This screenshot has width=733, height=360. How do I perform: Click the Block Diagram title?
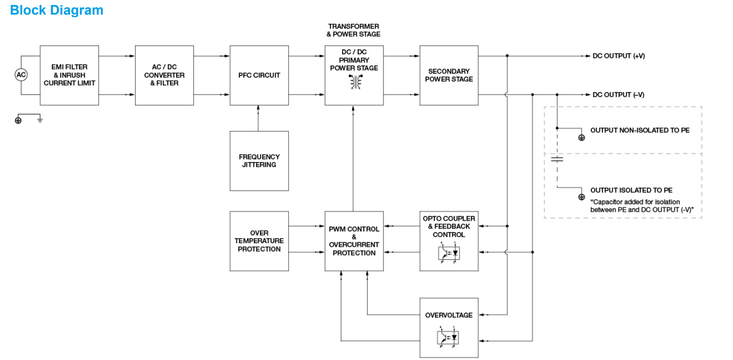point(56,10)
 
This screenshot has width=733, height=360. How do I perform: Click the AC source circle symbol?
point(21,75)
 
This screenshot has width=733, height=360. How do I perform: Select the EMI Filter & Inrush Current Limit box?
point(69,75)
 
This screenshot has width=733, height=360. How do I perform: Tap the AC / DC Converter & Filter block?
point(164,75)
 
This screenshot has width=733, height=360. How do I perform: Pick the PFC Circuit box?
point(259,75)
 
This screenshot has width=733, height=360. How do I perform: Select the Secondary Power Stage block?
point(449,75)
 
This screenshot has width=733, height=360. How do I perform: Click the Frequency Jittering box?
point(259,161)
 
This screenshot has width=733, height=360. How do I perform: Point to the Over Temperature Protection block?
point(259,241)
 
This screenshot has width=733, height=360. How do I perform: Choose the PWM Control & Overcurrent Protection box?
point(354,241)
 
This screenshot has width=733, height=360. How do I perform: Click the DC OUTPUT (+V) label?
point(618,56)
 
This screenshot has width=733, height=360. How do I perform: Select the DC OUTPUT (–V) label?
point(618,95)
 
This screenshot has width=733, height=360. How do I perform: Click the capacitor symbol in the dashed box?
point(557,160)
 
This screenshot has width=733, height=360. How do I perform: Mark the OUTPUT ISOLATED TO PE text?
point(631,190)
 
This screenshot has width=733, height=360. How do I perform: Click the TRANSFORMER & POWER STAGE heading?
point(353,30)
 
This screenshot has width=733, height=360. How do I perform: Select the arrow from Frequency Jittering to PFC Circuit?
point(259,118)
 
